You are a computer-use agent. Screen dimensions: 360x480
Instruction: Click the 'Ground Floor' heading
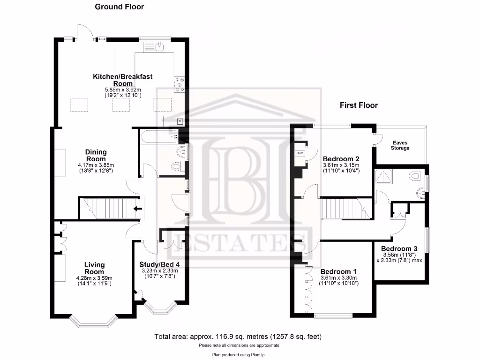click(120, 7)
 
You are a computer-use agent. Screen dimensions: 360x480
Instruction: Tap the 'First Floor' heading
click(359, 105)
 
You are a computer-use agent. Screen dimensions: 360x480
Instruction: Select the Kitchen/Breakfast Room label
click(122, 80)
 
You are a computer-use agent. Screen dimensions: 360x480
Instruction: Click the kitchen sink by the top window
click(159, 45)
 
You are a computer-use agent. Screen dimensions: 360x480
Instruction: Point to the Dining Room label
click(96, 155)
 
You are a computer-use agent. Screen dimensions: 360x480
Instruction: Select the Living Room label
click(94, 268)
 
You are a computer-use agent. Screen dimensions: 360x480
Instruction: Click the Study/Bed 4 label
click(159, 264)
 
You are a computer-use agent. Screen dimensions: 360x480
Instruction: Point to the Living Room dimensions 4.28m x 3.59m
click(94, 278)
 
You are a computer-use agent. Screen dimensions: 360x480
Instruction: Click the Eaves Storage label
click(400, 145)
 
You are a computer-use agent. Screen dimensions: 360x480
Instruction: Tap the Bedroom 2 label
click(341, 158)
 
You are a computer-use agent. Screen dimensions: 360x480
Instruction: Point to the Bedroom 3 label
click(399, 248)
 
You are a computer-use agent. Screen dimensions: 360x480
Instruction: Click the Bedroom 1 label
click(338, 271)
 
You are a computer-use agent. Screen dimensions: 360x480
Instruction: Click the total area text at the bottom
click(238, 337)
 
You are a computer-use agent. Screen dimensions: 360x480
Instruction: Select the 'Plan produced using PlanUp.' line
click(239, 355)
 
